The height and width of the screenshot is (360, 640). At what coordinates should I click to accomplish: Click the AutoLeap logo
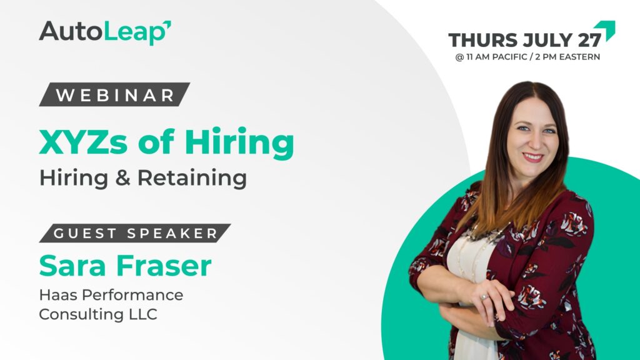click(x=105, y=32)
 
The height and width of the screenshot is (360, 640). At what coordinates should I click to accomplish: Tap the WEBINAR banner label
click(x=115, y=95)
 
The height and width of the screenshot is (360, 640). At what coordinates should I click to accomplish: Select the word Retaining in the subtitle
click(x=192, y=178)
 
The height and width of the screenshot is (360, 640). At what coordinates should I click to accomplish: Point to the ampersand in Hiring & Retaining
click(x=122, y=178)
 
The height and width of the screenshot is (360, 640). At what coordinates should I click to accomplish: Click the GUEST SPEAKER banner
click(x=135, y=233)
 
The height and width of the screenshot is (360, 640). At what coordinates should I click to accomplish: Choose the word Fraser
click(x=164, y=266)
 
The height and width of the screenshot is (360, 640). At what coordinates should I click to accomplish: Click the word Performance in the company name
click(x=132, y=295)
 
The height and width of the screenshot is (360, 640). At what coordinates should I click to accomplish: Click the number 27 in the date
click(x=589, y=40)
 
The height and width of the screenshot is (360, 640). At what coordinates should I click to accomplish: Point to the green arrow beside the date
click(x=606, y=30)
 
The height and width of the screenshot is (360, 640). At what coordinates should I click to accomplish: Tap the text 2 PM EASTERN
click(x=567, y=57)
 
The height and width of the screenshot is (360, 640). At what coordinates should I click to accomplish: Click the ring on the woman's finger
click(x=484, y=297)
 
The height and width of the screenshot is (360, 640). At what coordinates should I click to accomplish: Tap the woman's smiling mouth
click(x=532, y=157)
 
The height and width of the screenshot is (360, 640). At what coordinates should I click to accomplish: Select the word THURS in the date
click(x=483, y=40)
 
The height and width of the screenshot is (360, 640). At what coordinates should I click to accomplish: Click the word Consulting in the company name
click(x=81, y=314)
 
